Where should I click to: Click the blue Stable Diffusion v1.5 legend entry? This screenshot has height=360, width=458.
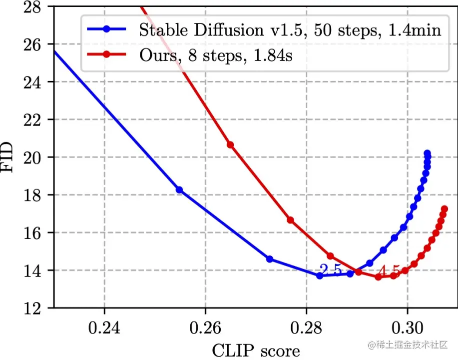coord(290,30)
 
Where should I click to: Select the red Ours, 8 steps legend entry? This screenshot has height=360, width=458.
coord(215,55)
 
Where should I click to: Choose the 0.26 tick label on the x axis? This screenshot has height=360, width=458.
coord(205,330)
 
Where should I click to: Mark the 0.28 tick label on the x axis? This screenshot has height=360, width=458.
coord(306,330)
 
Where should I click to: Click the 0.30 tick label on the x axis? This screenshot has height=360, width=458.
coord(407,330)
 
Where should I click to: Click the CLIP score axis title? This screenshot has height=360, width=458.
coord(257,350)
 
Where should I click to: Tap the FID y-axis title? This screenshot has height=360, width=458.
coord(11,157)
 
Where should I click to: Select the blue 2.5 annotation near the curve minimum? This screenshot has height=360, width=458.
coord(331,270)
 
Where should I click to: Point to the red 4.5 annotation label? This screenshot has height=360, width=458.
coord(389,271)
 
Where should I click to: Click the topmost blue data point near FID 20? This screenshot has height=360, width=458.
coord(427,153)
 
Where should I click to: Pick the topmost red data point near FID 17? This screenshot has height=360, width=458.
coord(444,209)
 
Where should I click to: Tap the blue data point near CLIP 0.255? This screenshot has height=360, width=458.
coord(179,190)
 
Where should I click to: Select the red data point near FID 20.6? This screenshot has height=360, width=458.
coord(230,145)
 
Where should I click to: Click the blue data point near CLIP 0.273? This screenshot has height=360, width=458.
coord(270,259)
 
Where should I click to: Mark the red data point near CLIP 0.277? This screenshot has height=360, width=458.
coord(290,220)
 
